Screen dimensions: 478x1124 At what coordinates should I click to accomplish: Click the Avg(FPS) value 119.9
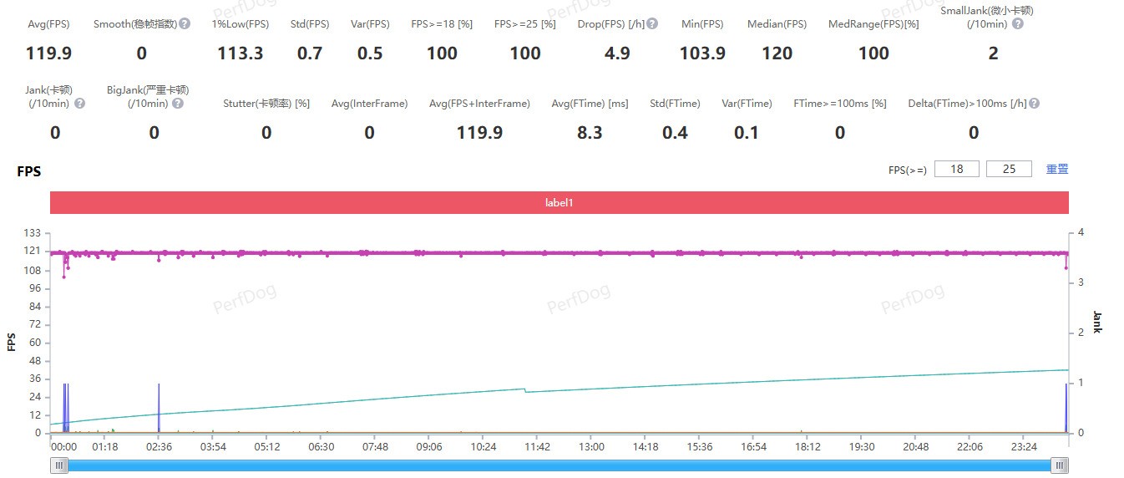pyautogui.click(x=49, y=54)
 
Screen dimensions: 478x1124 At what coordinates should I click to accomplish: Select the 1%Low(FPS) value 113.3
pyautogui.click(x=240, y=54)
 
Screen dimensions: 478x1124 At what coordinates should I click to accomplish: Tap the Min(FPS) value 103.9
pyautogui.click(x=702, y=54)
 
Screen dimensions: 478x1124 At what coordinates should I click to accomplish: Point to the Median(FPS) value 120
pyautogui.click(x=777, y=54)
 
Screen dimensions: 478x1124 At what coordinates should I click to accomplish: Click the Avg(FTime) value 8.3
pyautogui.click(x=590, y=133)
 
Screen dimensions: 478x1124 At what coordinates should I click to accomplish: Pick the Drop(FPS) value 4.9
pyautogui.click(x=616, y=54)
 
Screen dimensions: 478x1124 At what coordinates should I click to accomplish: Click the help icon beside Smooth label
pyautogui.click(x=185, y=24)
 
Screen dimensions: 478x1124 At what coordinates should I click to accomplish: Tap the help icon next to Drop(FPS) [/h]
pyautogui.click(x=652, y=24)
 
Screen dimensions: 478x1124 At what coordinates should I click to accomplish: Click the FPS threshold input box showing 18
pyautogui.click(x=957, y=169)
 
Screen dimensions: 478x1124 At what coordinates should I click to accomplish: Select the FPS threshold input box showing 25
pyautogui.click(x=1009, y=169)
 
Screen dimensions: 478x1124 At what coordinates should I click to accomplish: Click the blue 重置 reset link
pyautogui.click(x=1057, y=169)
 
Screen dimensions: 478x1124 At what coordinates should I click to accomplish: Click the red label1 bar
pyautogui.click(x=559, y=202)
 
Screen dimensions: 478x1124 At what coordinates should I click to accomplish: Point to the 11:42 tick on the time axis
pyautogui.click(x=537, y=447)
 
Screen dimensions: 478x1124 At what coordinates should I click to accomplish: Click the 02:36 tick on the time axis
pyautogui.click(x=159, y=447)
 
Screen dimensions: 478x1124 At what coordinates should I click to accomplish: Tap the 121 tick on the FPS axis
pyautogui.click(x=34, y=252)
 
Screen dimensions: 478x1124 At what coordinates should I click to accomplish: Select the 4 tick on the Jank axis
pyautogui.click(x=1081, y=232)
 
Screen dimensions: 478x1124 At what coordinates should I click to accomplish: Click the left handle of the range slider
pyautogui.click(x=58, y=465)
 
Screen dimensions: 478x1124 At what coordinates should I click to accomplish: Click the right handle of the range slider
pyautogui.click(x=1060, y=465)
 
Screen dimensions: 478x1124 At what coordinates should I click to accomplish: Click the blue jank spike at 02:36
pyautogui.click(x=159, y=408)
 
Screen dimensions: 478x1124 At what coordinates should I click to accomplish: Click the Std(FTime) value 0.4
pyautogui.click(x=675, y=133)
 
